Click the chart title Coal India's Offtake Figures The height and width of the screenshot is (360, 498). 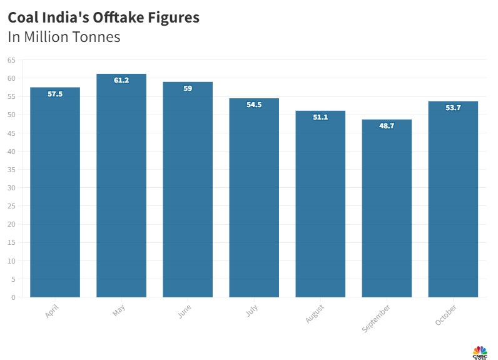(x=104, y=18)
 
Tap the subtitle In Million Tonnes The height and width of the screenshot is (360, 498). (x=64, y=37)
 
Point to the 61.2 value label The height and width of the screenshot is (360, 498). (x=121, y=81)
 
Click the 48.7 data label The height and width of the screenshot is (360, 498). (x=387, y=126)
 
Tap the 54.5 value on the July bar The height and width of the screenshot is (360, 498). (x=254, y=105)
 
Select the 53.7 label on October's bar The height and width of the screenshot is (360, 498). (x=453, y=108)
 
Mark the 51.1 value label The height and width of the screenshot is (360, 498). (x=320, y=118)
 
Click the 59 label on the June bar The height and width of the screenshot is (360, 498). (x=188, y=89)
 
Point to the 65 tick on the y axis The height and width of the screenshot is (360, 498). (x=11, y=60)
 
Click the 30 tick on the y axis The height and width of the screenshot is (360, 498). (x=11, y=188)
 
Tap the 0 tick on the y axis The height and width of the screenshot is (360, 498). (x=13, y=297)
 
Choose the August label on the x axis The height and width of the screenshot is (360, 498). (x=315, y=314)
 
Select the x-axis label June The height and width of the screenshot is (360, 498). (x=185, y=312)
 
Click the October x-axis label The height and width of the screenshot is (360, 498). (x=446, y=315)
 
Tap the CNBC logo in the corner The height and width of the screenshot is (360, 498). (x=480, y=352)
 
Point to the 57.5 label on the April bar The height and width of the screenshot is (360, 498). (x=55, y=94)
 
